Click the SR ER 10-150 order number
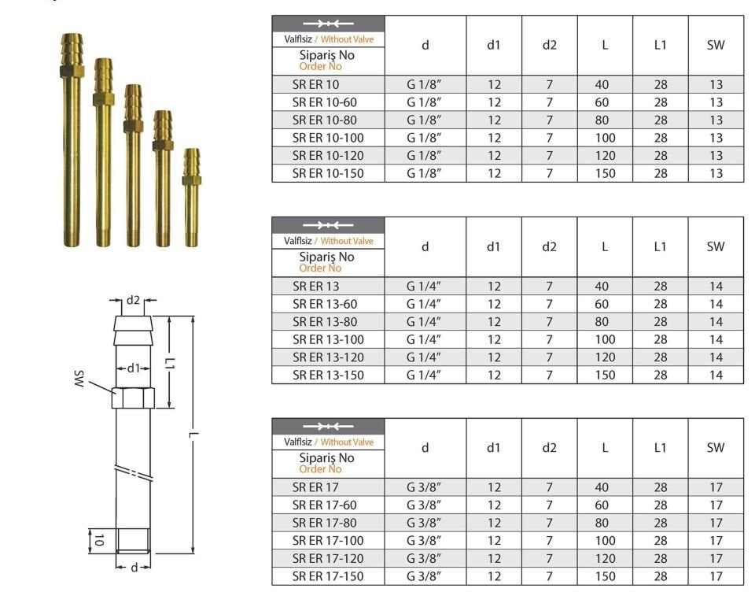[x=327, y=173]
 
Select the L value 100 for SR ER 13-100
[x=605, y=340]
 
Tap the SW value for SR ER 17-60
[x=716, y=505]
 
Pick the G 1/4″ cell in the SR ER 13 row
[x=424, y=287]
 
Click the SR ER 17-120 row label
[x=327, y=559]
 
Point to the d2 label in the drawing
[x=133, y=301]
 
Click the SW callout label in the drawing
[x=79, y=379]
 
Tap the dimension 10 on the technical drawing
[x=98, y=540]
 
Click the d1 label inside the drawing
[x=133, y=368]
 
